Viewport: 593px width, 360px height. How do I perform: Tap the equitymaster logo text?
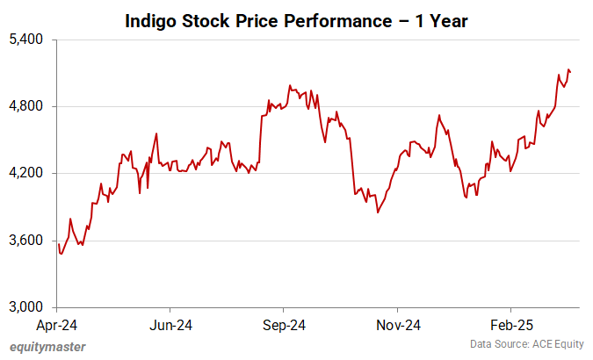pos(48,346)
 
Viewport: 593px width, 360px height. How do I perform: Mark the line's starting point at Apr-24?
pos(58,244)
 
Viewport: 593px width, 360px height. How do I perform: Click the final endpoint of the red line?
pos(571,72)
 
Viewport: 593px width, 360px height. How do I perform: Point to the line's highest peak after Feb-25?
pos(568,69)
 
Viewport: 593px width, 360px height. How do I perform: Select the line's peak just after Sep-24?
pos(290,85)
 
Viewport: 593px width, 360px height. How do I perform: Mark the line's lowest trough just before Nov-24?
pos(378,212)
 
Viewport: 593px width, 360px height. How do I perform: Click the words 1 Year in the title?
pos(445,20)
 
